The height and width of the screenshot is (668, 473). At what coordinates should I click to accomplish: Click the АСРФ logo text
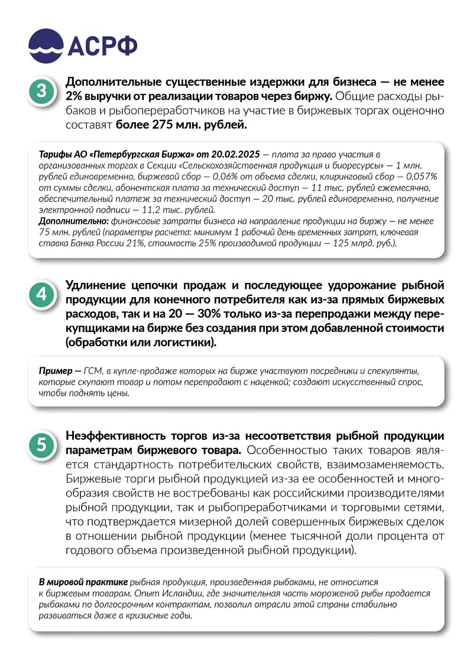click(x=102, y=46)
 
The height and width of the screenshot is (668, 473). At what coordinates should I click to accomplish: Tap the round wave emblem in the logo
click(x=46, y=45)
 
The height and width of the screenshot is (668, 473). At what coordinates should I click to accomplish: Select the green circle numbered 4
click(x=41, y=294)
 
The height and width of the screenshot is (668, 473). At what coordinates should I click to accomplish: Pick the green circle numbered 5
click(x=41, y=445)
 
